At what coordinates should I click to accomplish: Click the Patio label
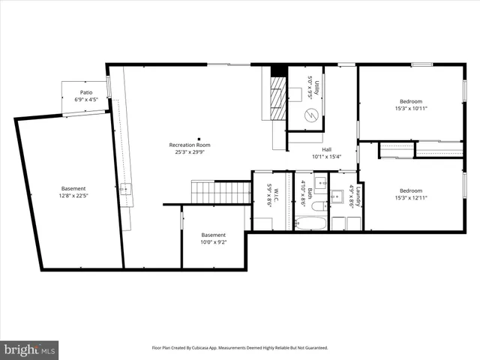pos(86,93)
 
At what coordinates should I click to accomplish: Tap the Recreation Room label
pos(189,145)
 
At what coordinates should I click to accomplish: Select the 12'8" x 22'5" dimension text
pos(73,195)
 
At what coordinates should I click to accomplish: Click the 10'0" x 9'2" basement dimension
pos(213,241)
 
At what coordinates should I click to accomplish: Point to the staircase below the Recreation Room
pos(220,192)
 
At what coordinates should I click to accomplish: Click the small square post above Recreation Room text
pos(199,138)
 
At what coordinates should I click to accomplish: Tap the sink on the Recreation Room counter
pos(124,188)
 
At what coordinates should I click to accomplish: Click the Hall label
pos(327,149)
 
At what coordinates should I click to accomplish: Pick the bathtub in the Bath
pos(309,223)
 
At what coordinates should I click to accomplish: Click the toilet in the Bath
pos(317,205)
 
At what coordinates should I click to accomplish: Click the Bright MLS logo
pos(30,349)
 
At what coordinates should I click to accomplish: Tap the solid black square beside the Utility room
pos(279,70)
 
